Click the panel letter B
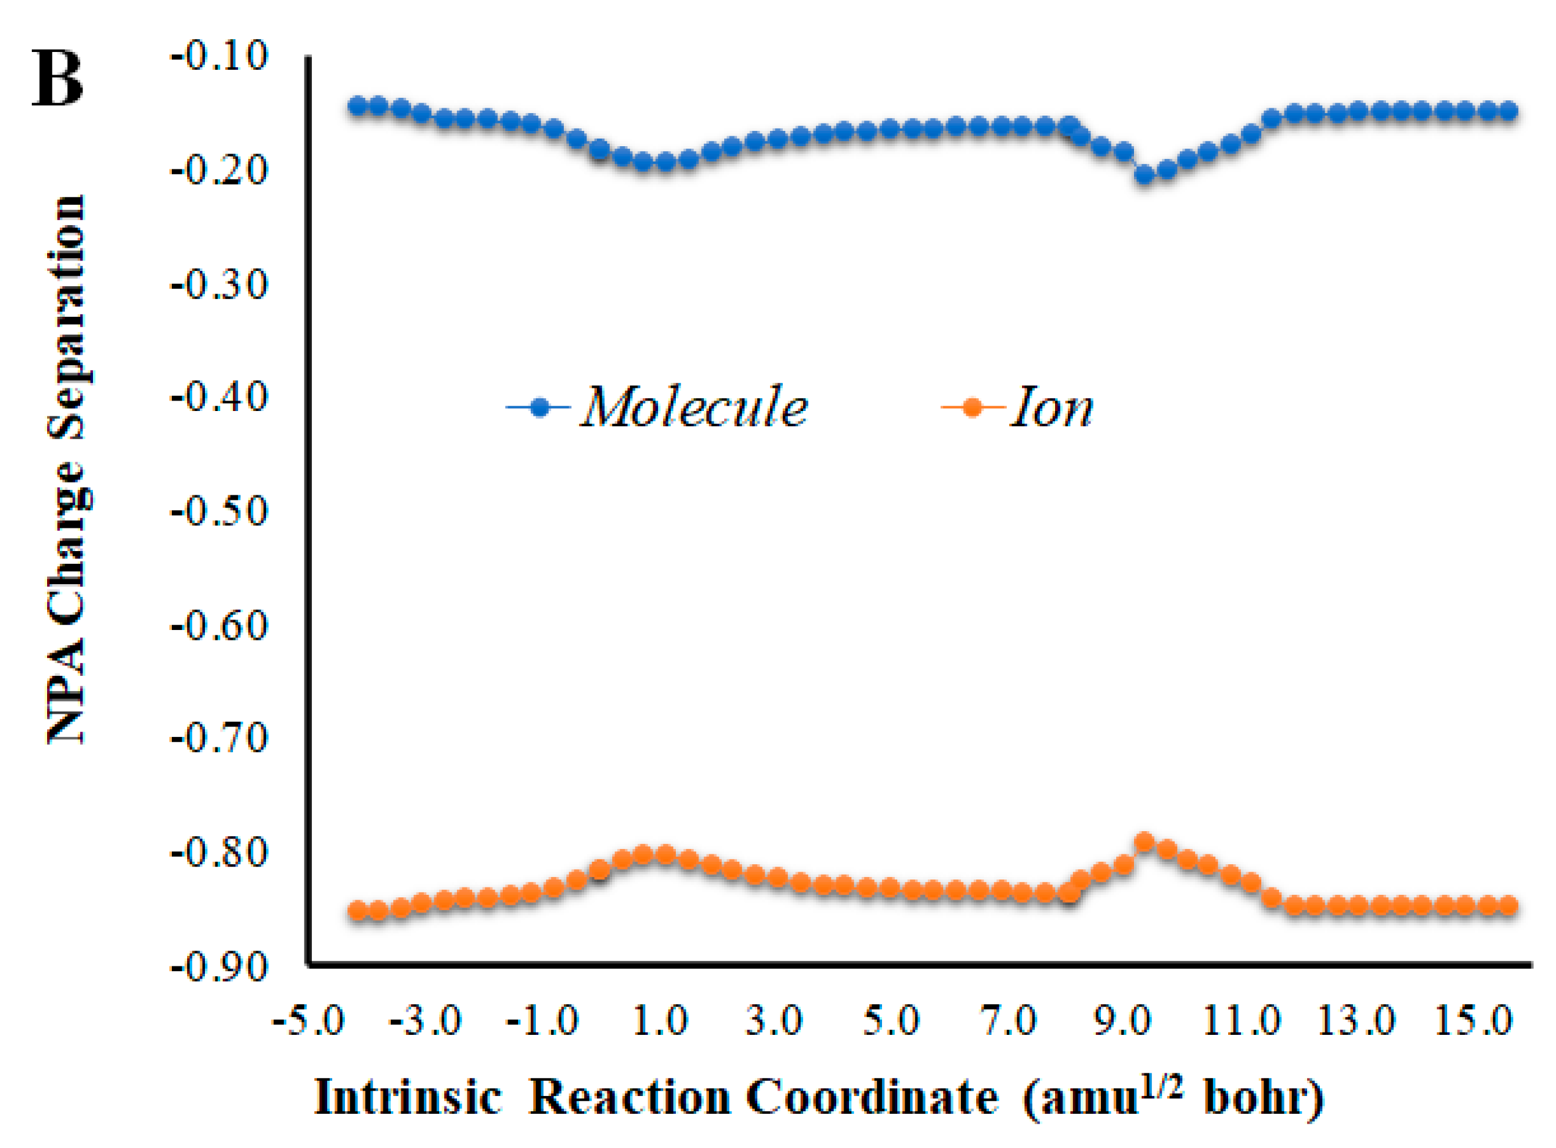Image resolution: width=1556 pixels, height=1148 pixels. [x=57, y=80]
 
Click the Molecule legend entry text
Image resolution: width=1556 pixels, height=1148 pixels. [x=694, y=407]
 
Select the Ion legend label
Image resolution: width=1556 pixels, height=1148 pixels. [x=1051, y=407]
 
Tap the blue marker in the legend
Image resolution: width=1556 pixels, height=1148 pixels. [x=539, y=407]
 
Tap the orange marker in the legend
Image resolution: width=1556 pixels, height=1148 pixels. [x=972, y=407]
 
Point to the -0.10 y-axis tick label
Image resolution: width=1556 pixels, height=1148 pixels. [x=219, y=56]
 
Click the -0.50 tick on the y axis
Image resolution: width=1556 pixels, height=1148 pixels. [x=219, y=512]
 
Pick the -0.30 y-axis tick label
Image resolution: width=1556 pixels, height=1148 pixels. [x=219, y=285]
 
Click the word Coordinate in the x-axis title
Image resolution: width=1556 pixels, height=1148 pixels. [x=872, y=1098]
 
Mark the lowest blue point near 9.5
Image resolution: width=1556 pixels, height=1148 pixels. [x=1144, y=174]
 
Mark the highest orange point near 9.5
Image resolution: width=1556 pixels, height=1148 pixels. [x=1144, y=843]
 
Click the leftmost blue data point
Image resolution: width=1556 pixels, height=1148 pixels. [x=357, y=106]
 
